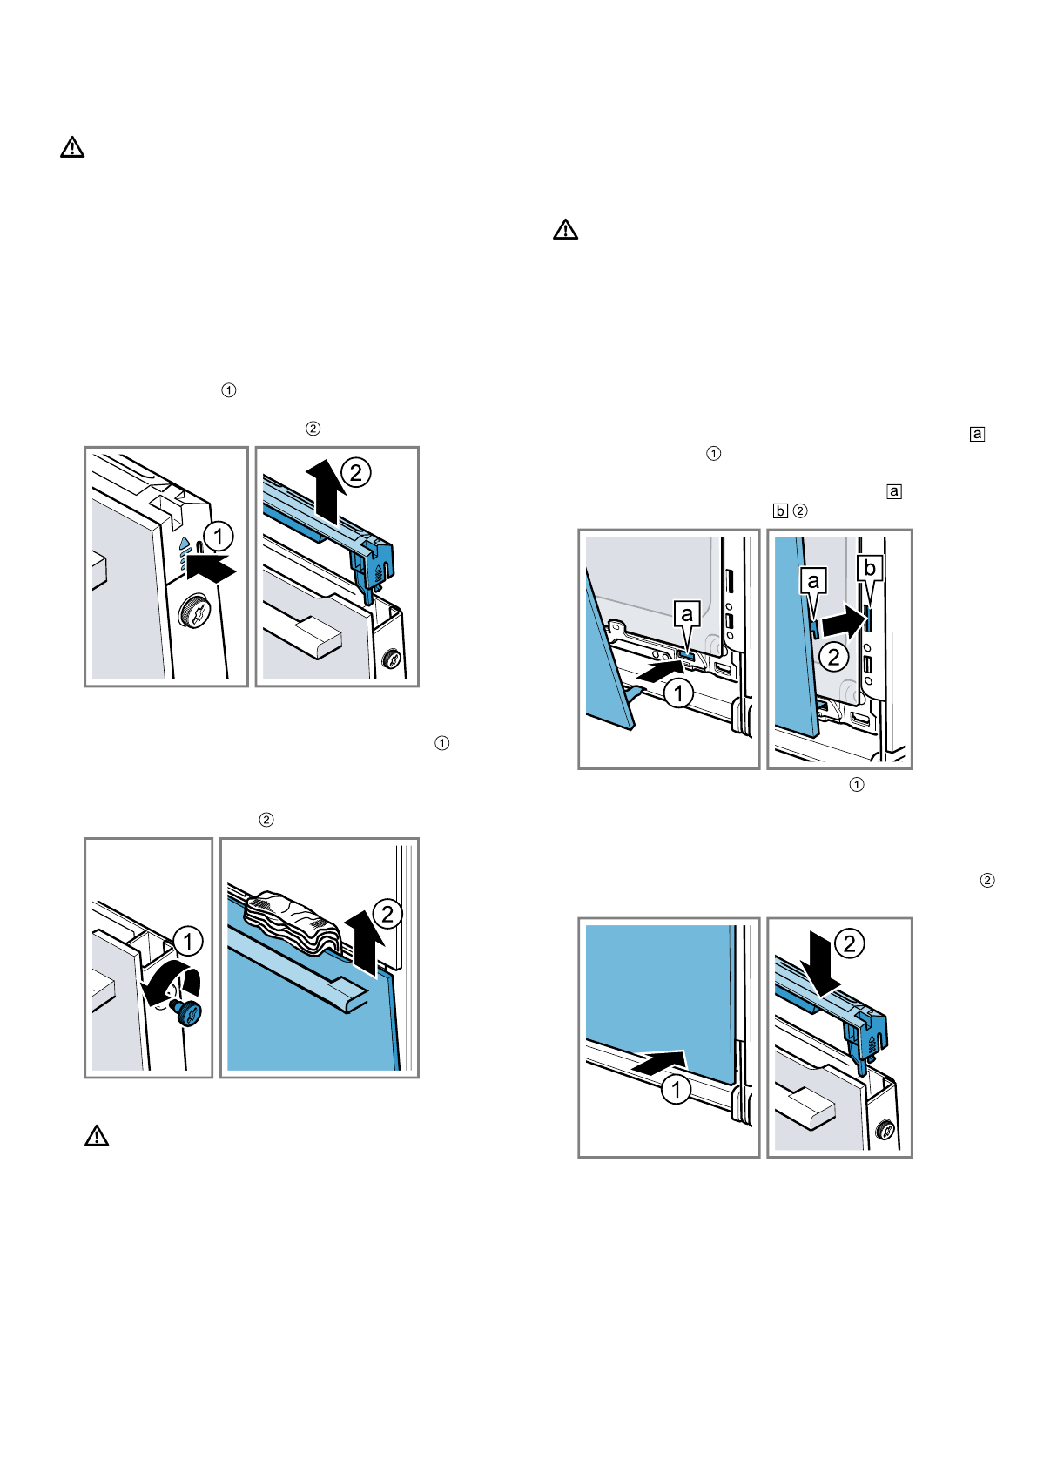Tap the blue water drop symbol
(185, 543)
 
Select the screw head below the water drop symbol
(195, 612)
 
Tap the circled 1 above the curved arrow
(188, 941)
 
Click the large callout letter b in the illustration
(870, 568)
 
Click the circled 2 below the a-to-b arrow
(833, 657)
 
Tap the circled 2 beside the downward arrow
(849, 943)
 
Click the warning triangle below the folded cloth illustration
(97, 1136)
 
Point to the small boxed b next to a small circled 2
(780, 510)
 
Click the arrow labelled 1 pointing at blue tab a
(659, 673)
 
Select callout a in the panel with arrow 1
(687, 614)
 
